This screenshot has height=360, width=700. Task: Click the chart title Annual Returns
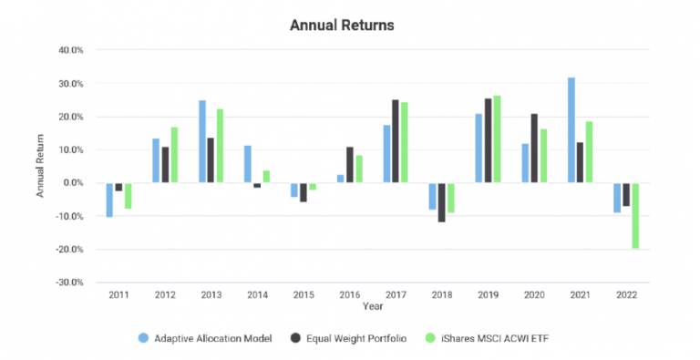point(342,26)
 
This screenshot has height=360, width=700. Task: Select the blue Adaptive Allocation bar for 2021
point(571,130)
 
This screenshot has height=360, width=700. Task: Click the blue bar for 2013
point(201,141)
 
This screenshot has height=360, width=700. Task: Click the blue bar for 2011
point(109,200)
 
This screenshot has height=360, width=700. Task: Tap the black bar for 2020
point(533,149)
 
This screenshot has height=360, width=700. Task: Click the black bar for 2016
point(349,165)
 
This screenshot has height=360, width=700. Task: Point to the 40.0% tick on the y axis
point(71,51)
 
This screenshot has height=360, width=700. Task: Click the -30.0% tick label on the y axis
point(69,283)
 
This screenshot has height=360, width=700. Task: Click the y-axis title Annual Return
point(41,167)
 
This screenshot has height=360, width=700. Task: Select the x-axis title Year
point(373,307)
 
